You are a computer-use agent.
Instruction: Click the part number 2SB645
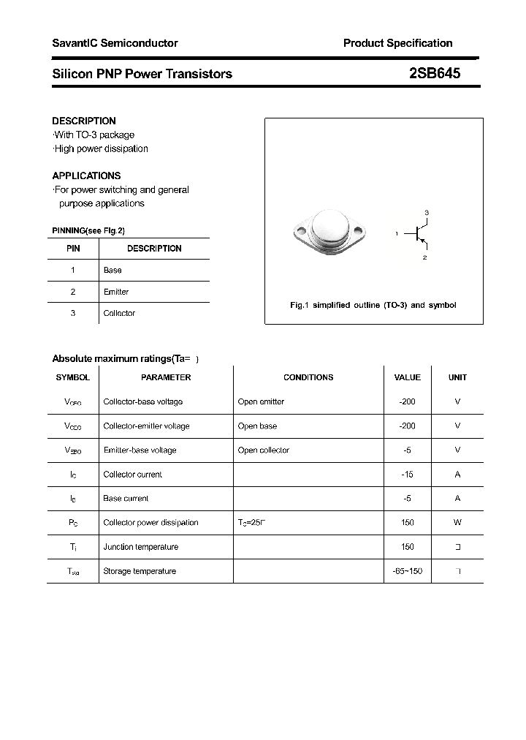pos(434,73)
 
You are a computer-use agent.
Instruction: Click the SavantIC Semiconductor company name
pos(115,43)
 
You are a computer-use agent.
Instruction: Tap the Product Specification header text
pos(397,43)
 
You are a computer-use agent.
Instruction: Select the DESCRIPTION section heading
pos(84,121)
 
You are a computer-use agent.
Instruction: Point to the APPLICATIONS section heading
pos(86,175)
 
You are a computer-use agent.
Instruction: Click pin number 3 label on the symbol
pos(427,212)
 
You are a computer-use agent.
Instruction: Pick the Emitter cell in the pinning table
pos(116,292)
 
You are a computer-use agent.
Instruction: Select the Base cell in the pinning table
pos(113,270)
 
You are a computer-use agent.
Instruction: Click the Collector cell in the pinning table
pos(119,313)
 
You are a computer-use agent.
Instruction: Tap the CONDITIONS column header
pos(308,377)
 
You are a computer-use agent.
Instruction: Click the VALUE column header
pos(407,377)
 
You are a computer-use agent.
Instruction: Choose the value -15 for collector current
pos(407,475)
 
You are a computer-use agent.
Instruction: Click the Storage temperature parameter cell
pos(140,571)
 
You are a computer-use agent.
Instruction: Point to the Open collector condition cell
pos(264,450)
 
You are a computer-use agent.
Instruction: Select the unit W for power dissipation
pos(457,523)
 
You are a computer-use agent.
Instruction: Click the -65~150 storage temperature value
pos(407,571)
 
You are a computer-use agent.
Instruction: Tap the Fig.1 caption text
pos(373,305)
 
